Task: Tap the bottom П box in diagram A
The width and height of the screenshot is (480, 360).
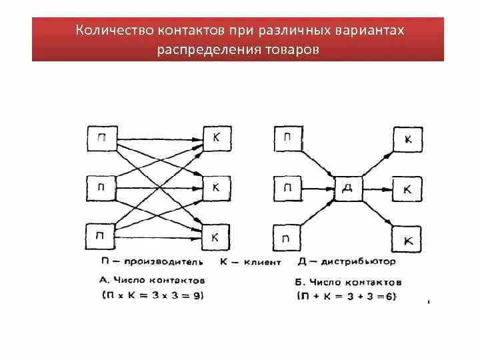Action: coord(101,235)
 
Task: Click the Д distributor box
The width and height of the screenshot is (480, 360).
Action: coord(347,189)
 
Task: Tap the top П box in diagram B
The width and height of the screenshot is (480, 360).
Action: coord(287,139)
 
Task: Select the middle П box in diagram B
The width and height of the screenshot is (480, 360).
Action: coord(287,188)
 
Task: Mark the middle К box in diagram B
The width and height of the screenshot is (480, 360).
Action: coord(407,189)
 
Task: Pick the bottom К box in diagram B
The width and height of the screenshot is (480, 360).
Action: coord(407,239)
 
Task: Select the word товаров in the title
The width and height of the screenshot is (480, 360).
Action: coord(290,50)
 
